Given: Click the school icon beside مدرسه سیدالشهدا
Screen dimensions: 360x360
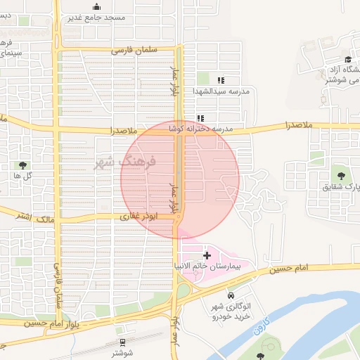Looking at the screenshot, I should point(221,80).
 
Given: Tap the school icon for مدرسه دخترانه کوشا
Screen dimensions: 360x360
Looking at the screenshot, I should point(200,118).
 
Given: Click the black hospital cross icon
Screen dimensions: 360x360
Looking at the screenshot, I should point(207,255).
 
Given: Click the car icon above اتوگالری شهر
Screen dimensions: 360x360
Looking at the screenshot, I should point(231,293).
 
